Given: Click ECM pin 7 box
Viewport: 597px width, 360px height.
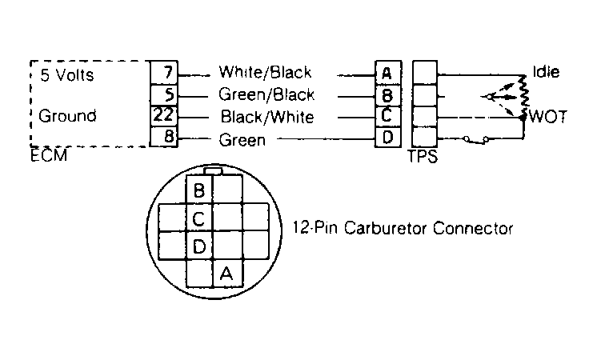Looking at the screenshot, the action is pyautogui.click(x=164, y=72).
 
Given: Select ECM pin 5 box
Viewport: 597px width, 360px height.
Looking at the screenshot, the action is pyautogui.click(x=164, y=94).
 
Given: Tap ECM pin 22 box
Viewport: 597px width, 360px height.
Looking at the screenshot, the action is pyautogui.click(x=164, y=116).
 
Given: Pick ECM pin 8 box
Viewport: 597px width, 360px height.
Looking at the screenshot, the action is pyautogui.click(x=164, y=137).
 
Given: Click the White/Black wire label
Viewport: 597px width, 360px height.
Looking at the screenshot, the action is pyautogui.click(x=265, y=72).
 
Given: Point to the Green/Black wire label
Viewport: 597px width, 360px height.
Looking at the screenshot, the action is pyautogui.click(x=266, y=94).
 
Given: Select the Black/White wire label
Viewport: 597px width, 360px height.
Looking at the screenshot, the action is pyautogui.click(x=267, y=117).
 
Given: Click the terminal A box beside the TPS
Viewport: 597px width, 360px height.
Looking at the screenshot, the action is pyautogui.click(x=388, y=72).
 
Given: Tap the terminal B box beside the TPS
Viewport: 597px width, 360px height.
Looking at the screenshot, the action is pyautogui.click(x=388, y=95).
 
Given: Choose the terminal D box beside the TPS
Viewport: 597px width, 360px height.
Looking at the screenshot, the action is pyautogui.click(x=388, y=137).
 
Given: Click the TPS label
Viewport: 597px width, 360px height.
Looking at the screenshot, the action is pyautogui.click(x=423, y=156).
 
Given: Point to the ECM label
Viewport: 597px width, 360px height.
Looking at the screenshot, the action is pyautogui.click(x=49, y=155).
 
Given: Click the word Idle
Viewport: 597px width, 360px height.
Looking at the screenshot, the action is pyautogui.click(x=546, y=71).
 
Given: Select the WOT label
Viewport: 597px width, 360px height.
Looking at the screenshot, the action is pyautogui.click(x=548, y=117).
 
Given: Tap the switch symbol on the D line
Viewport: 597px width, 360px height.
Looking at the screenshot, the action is pyautogui.click(x=475, y=140).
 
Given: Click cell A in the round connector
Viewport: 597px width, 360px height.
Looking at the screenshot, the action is pyautogui.click(x=227, y=274).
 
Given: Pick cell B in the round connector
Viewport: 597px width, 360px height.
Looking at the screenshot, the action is pyautogui.click(x=198, y=190).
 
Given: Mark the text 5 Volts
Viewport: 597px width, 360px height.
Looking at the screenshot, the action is pyautogui.click(x=67, y=75).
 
